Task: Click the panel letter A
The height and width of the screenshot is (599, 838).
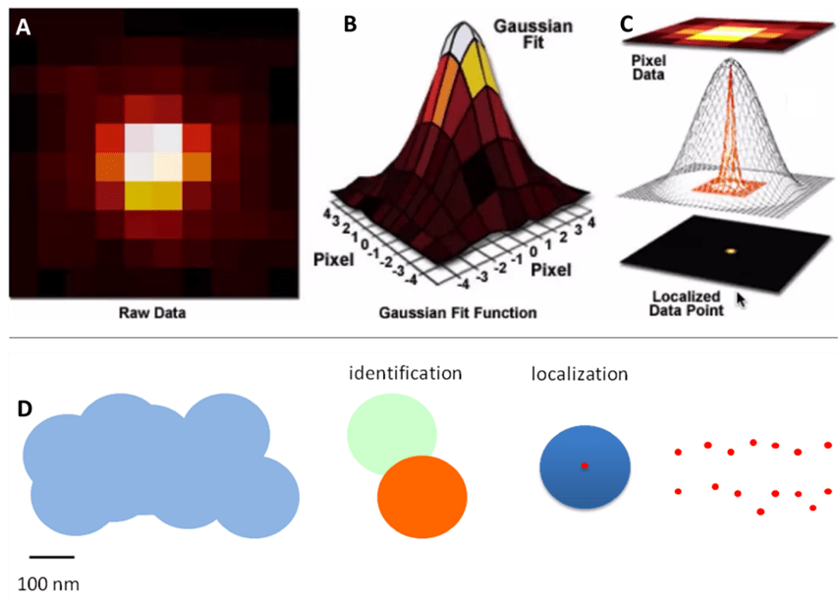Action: click(x=24, y=28)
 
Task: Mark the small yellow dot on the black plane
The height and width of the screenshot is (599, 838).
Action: click(x=731, y=250)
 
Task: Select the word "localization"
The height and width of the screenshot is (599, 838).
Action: click(x=579, y=374)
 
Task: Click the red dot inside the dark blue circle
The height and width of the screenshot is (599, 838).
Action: click(x=585, y=465)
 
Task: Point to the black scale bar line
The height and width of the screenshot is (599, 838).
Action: click(x=51, y=557)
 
